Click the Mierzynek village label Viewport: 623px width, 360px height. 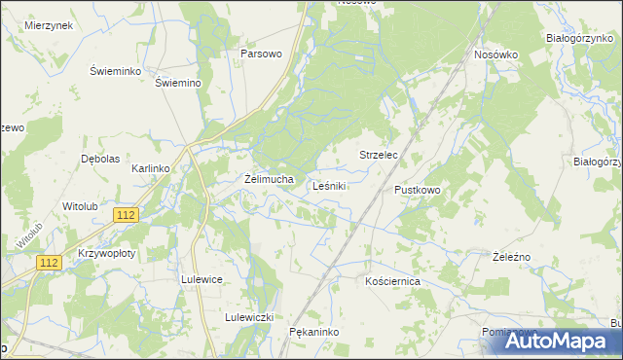(50, 25)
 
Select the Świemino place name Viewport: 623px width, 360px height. (178, 83)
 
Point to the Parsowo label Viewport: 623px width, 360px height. (261, 54)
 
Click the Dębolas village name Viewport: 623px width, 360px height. (100, 158)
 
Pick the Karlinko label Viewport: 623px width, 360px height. (151, 168)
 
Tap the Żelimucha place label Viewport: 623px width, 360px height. (269, 179)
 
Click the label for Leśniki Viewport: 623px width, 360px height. (331, 186)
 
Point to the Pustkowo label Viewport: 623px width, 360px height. (418, 190)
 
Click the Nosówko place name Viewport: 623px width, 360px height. (495, 54)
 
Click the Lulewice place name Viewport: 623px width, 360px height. (202, 279)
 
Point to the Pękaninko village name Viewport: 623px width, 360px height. (312, 332)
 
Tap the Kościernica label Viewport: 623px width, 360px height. (391, 280)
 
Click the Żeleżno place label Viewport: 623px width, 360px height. (510, 256)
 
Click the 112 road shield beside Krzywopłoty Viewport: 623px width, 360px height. (50, 263)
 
